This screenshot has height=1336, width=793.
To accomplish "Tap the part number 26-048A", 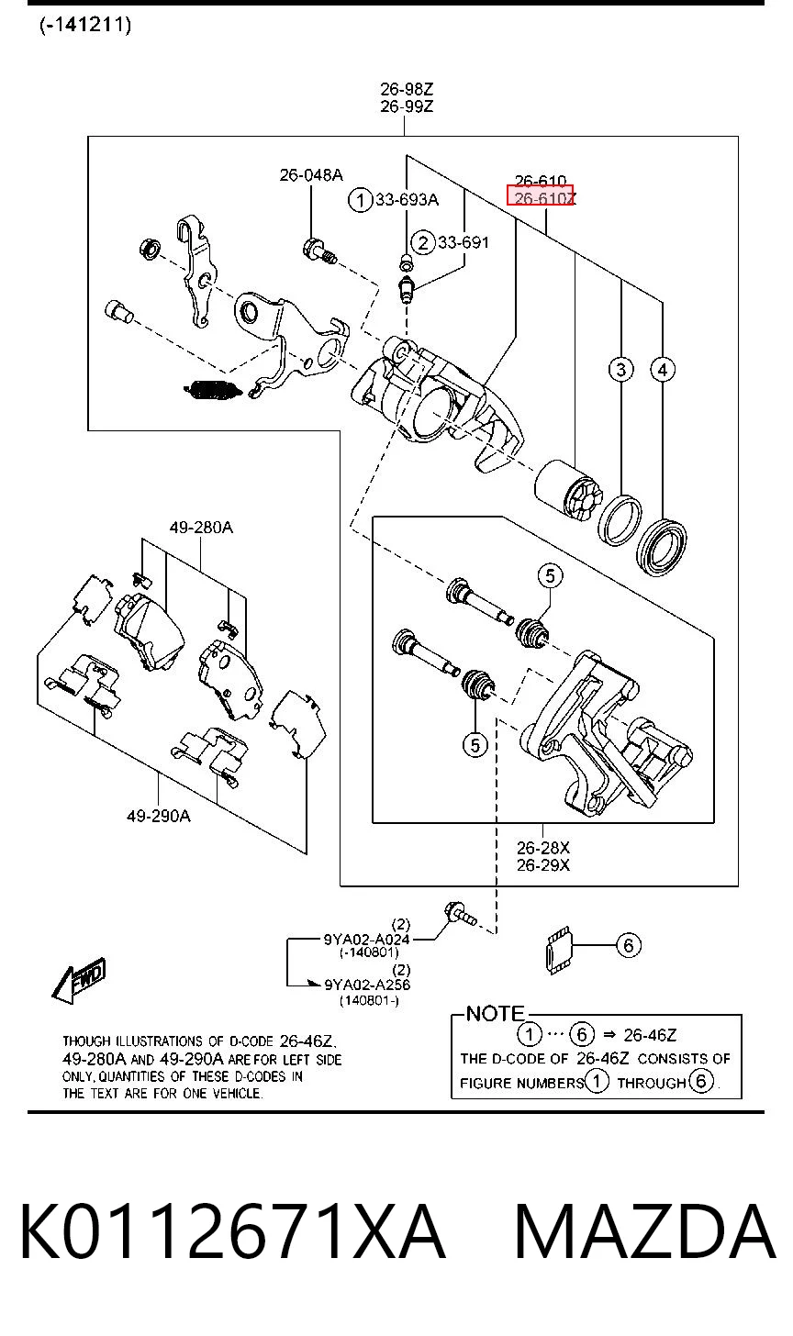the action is click(311, 174).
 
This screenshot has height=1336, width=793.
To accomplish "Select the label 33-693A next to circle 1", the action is click(407, 199).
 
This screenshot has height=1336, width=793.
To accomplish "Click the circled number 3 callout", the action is click(620, 369).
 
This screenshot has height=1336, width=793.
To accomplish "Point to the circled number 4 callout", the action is click(663, 370).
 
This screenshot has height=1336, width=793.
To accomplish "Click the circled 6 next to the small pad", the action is click(629, 945).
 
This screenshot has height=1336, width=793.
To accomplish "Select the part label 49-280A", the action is click(201, 528).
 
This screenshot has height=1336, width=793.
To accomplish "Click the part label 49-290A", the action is click(159, 816).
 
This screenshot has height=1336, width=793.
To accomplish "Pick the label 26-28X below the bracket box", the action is click(543, 848).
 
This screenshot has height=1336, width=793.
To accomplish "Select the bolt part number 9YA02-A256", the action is click(367, 984).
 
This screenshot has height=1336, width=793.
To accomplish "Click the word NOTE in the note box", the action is click(495, 1013).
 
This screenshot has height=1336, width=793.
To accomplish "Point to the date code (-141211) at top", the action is click(85, 25).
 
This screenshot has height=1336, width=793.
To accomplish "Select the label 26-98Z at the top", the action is click(407, 90).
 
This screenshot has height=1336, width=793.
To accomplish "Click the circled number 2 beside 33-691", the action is click(423, 243).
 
